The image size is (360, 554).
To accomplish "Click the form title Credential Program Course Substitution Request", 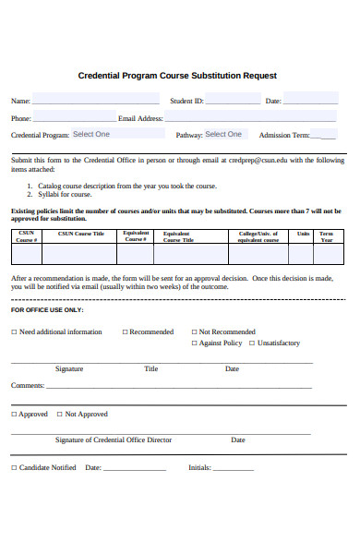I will [177, 76].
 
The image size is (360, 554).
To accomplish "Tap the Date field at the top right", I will [310, 100].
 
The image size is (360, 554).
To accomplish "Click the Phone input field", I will [74, 117].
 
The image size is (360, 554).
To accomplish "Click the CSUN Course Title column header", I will [81, 234].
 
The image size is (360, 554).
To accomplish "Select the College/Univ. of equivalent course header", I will [258, 236].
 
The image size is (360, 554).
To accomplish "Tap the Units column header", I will [303, 234].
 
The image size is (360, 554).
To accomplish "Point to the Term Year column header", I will [327, 236].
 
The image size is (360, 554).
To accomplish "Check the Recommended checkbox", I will [125, 331].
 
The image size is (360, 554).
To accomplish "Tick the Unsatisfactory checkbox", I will [252, 343].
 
